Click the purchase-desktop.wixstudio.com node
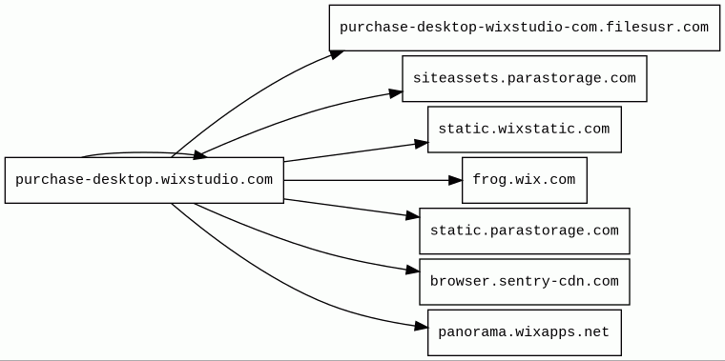(144, 180)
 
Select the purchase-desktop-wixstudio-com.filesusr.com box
(525, 28)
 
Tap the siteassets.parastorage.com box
(525, 78)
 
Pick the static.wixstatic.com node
(525, 130)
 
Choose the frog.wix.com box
(525, 180)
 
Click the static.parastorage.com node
(525, 231)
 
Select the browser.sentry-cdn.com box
(525, 282)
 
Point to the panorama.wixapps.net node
(525, 332)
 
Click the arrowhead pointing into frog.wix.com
(455, 180)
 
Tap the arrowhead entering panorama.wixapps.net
(421, 327)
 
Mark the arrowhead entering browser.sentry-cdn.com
(413, 271)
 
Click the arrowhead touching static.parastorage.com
(413, 215)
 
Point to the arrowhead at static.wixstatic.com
(422, 144)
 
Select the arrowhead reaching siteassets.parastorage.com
(396, 92)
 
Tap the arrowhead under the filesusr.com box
(337, 54)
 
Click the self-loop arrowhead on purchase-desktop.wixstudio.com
(200, 155)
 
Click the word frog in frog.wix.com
(489, 179)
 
